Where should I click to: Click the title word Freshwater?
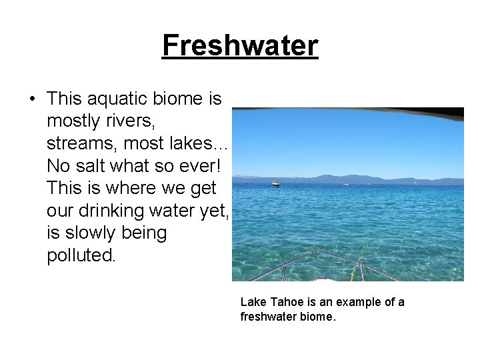click(x=240, y=46)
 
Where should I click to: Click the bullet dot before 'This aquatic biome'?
click(x=33, y=99)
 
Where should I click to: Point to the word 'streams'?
click(x=77, y=143)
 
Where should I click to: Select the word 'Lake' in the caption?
click(x=252, y=302)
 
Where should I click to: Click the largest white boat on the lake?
click(x=275, y=183)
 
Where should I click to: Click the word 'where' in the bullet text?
click(x=124, y=189)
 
